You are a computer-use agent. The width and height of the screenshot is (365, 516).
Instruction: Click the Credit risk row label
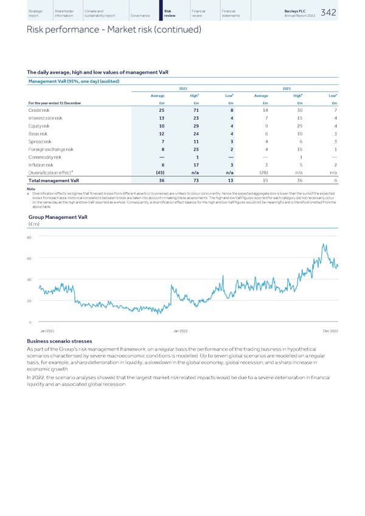pos(38,110)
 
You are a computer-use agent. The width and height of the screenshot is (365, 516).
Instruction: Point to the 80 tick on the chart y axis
pos(30,237)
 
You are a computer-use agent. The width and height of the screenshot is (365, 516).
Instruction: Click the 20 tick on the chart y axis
pos(30,301)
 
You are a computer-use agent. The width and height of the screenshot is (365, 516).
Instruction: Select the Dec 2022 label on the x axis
pos(330,330)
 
